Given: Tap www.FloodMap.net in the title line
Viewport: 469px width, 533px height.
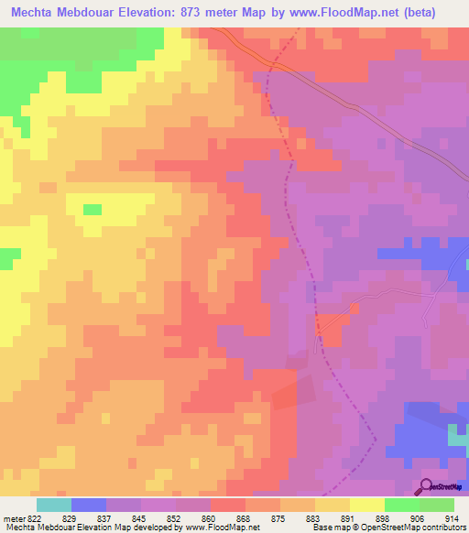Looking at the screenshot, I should point(344,13).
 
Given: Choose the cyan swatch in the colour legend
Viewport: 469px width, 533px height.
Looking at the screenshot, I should point(53,505).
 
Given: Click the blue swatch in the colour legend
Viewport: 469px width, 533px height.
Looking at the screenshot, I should point(88,505).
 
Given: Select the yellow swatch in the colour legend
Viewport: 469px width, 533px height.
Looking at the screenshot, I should point(367,505).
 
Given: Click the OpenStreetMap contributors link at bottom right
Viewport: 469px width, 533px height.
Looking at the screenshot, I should point(427,528).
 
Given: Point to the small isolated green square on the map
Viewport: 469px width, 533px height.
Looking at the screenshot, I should point(92,209).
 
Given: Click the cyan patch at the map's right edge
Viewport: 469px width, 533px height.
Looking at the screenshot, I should point(457,437).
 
